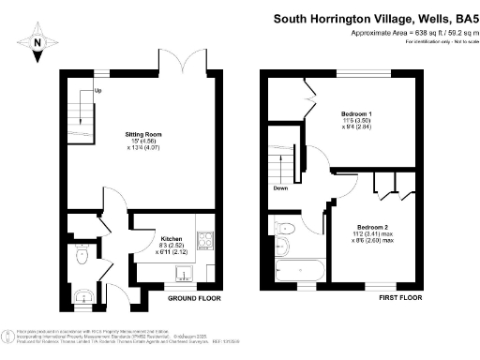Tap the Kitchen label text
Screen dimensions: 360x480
[x=171, y=238]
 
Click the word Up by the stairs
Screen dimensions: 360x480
[x=97, y=92]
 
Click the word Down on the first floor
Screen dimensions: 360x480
[x=280, y=187]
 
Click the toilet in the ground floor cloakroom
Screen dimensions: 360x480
[x=82, y=253]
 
